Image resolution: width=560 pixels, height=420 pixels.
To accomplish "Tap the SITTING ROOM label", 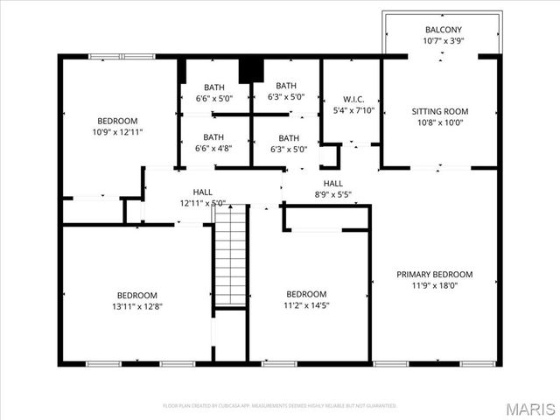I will pyautogui.click(x=439, y=111).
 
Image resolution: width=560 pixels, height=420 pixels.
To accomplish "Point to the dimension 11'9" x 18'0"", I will pyautogui.click(x=434, y=285).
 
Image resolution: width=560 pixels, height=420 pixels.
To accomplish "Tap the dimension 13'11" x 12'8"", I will pyautogui.click(x=138, y=306).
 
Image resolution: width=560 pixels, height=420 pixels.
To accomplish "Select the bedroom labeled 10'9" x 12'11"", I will pyautogui.click(x=117, y=121).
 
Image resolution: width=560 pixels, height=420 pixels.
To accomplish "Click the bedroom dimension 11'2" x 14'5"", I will pyautogui.click(x=306, y=305).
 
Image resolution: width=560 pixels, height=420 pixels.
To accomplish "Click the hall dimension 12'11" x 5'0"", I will pyautogui.click(x=203, y=203).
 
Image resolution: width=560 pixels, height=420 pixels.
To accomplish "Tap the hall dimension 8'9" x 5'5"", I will pyautogui.click(x=332, y=194).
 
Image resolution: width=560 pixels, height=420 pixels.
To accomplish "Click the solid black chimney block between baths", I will pyautogui.click(x=251, y=69).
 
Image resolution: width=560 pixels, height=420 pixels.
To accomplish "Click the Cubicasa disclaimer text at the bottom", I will pyautogui.click(x=280, y=406).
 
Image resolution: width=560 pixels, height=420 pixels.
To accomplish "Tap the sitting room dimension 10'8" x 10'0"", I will pyautogui.click(x=439, y=122).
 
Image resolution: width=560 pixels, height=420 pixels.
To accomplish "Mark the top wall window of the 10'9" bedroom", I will pyautogui.click(x=122, y=57).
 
